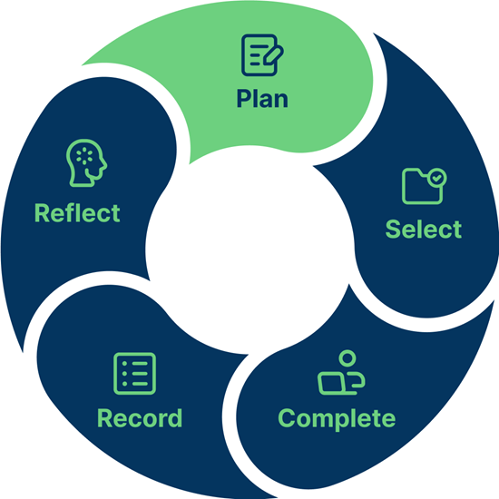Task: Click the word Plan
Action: click(x=262, y=98)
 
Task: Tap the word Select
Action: click(x=424, y=229)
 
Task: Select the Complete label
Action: click(x=337, y=419)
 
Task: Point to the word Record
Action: click(x=140, y=418)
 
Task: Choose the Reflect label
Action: click(x=77, y=212)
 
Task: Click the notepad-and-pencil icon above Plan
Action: click(x=262, y=55)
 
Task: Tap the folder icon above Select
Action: click(x=424, y=186)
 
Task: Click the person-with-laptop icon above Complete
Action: click(x=341, y=372)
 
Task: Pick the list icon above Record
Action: click(x=134, y=373)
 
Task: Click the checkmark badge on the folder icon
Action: click(x=436, y=178)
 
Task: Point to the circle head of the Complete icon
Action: click(x=347, y=358)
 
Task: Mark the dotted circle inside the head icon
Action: click(x=84, y=156)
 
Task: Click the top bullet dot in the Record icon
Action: click(x=125, y=364)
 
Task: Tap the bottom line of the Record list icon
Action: click(x=140, y=384)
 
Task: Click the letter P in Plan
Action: click(x=244, y=98)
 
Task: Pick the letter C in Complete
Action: click(x=287, y=418)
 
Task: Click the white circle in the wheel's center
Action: click(x=249, y=249)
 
